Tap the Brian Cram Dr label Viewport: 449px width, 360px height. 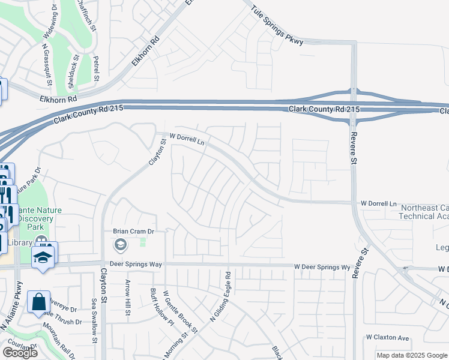[x=134, y=231]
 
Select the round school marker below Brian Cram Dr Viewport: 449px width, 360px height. [x=120, y=244]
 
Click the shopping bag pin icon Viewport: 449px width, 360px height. [x=38, y=302]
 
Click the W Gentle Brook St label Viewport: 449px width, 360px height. [x=180, y=313]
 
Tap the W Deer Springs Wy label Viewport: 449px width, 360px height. [x=322, y=266]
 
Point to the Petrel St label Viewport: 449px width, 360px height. [x=96, y=68]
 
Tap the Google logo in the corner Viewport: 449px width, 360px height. [x=20, y=353]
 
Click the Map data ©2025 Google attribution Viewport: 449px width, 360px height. [x=411, y=355]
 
